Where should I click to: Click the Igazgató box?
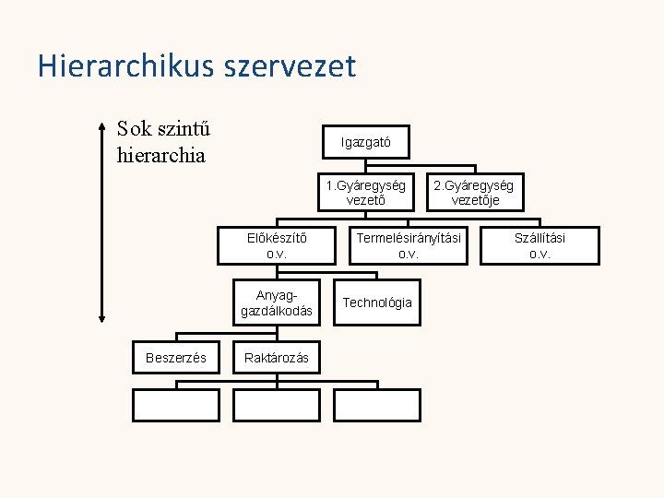pyautogui.click(x=366, y=143)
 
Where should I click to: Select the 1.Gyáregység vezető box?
pyautogui.click(x=366, y=193)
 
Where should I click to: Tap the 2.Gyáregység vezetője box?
pyautogui.click(x=475, y=193)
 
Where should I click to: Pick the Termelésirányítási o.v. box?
pyautogui.click(x=408, y=245)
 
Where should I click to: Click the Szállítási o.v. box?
pyautogui.click(x=539, y=245)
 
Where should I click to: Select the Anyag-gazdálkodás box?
pyautogui.click(x=277, y=303)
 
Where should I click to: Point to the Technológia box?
pyautogui.click(x=377, y=303)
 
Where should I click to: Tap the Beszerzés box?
pyautogui.click(x=176, y=357)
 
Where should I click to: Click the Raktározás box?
pyautogui.click(x=277, y=357)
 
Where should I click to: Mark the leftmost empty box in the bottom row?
pyautogui.click(x=176, y=406)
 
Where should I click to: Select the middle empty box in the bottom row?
pyautogui.click(x=277, y=406)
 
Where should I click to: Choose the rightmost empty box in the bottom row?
pyautogui.click(x=376, y=406)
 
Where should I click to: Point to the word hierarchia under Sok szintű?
pyautogui.click(x=161, y=154)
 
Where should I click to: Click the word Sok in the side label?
pyautogui.click(x=135, y=129)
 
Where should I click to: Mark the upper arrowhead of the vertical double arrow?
pyautogui.click(x=101, y=125)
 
